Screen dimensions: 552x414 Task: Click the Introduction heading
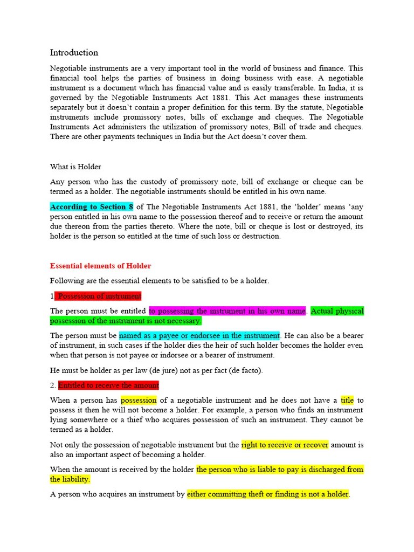coord(74,53)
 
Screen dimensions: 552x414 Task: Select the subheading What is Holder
coord(75,167)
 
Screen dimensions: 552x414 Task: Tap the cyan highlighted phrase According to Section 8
coord(92,207)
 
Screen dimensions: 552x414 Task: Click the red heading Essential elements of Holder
coord(100,266)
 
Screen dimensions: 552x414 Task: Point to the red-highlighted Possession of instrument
coord(99,296)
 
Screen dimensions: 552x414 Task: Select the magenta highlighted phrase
coord(227,311)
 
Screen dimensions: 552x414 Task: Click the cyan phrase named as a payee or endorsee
coord(199,335)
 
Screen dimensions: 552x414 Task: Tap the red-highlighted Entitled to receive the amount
coord(108,385)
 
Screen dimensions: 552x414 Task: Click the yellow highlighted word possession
coord(139,400)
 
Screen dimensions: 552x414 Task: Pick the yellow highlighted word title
coord(347,400)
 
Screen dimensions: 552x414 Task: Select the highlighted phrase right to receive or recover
coord(285,445)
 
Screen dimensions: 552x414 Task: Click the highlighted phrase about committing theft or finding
coord(268,494)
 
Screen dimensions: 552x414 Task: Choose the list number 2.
coord(52,385)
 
